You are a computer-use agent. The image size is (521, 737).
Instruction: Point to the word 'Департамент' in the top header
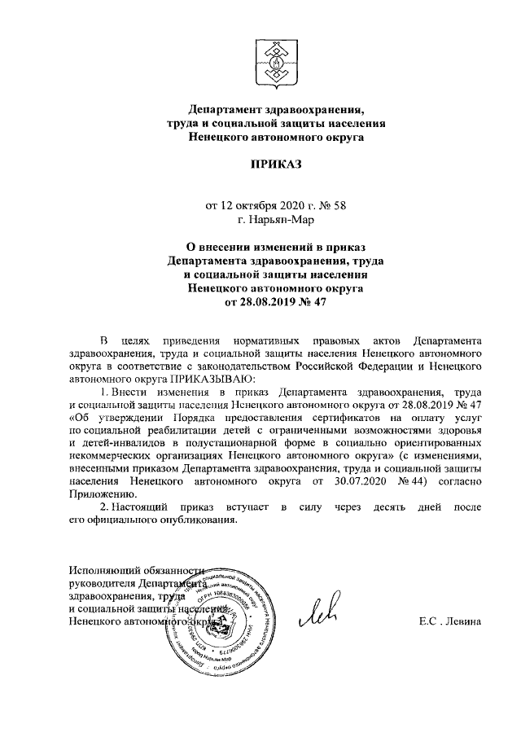225,110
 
